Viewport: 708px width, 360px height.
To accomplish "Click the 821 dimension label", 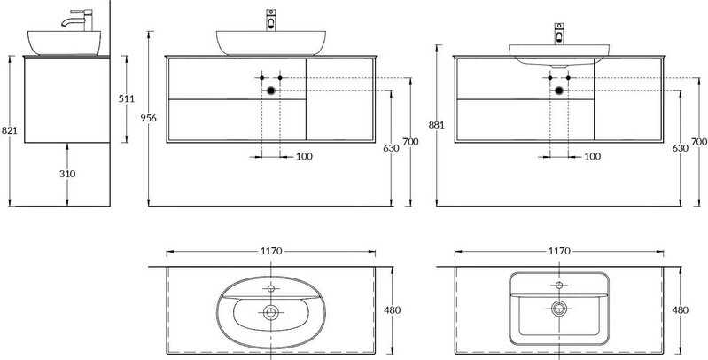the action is (9, 130).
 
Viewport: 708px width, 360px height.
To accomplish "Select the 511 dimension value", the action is (127, 98).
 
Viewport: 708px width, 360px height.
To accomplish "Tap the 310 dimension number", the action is (67, 174).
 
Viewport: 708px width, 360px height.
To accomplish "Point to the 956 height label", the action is (149, 118).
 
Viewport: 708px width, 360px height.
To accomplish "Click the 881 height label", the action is (437, 125).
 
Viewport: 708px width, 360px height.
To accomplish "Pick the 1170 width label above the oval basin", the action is (271, 251).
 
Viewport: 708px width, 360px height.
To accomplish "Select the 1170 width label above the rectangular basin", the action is (559, 251).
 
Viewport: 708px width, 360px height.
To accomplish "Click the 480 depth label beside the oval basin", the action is (392, 310).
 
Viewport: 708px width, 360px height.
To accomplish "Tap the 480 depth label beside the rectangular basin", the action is (680, 310).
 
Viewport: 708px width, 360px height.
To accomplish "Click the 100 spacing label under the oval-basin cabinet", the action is (304, 157).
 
